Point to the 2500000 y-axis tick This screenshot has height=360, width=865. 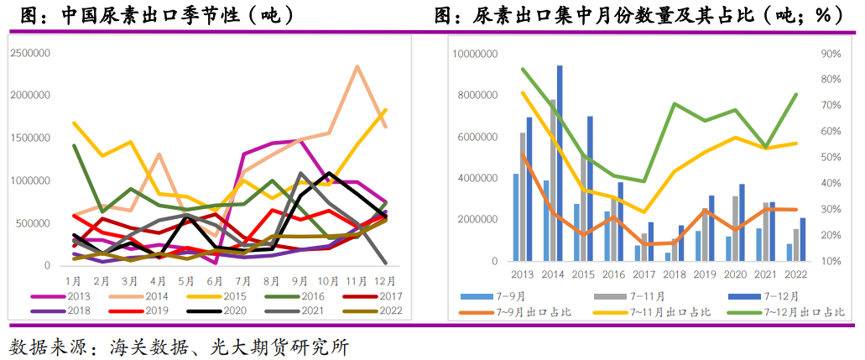coord(30,52)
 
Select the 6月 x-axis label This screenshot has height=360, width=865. coord(216,279)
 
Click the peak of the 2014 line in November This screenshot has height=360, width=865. coord(358,66)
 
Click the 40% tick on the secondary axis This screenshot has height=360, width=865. coord(831,184)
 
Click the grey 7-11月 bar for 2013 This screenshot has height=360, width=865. coord(523,196)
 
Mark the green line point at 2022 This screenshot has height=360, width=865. coord(795,95)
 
